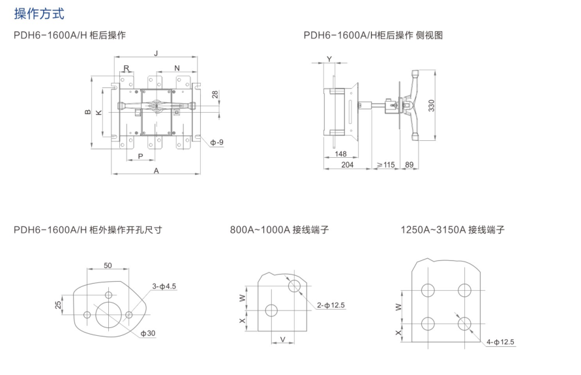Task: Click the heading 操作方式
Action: coord(38,13)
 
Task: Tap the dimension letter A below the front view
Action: coord(156,170)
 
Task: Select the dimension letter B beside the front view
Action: coord(87,113)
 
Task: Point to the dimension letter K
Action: coord(98,113)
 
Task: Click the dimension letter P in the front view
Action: coord(141,156)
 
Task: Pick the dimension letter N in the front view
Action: coord(177,68)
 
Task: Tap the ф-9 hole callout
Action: coord(218,142)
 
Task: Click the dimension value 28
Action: coord(216,95)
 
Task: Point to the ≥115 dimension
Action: coord(386,166)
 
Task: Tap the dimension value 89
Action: coord(410,166)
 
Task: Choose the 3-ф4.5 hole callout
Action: coord(164,286)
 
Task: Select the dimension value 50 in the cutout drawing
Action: coord(108,265)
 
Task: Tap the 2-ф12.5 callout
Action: coord(331,305)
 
